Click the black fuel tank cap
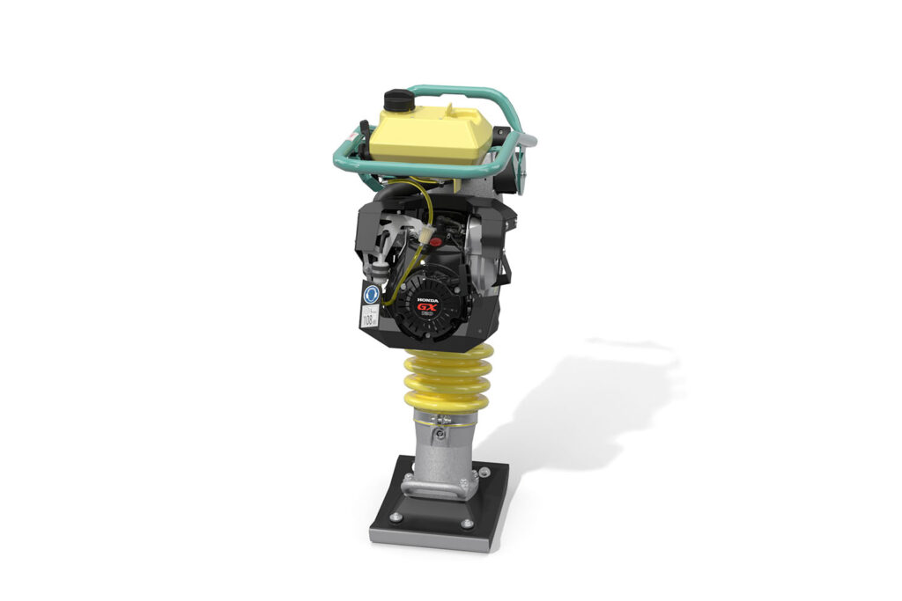[x=399, y=99]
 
